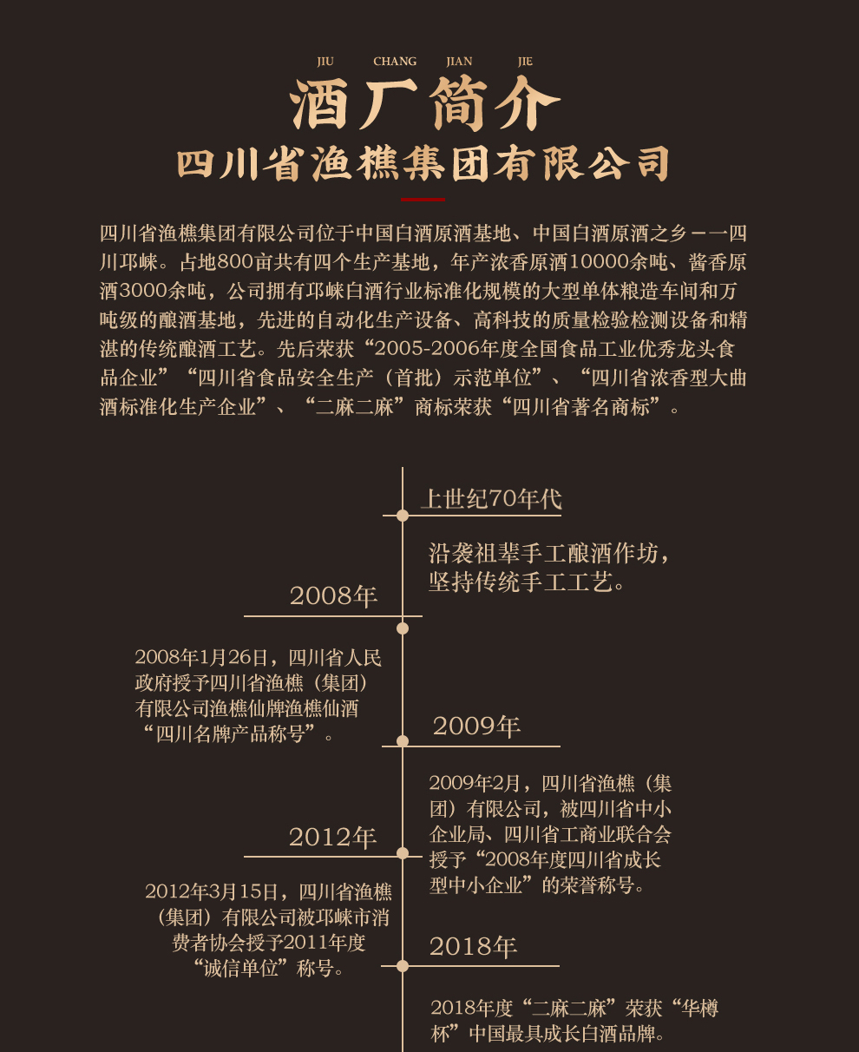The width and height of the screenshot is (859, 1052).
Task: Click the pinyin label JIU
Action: (325, 62)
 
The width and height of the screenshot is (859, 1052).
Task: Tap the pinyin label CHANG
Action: (395, 62)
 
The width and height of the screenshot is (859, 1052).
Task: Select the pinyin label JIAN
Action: (459, 62)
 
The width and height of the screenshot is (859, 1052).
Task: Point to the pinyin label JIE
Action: (525, 62)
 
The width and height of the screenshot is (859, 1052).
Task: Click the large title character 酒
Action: (324, 107)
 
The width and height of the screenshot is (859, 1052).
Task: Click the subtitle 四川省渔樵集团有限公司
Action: (423, 163)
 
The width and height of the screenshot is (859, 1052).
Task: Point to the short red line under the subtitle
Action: (423, 199)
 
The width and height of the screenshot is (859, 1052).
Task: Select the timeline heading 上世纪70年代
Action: (491, 499)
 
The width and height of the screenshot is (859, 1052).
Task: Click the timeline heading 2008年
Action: (333, 596)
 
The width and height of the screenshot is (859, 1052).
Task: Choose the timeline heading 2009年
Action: (476, 726)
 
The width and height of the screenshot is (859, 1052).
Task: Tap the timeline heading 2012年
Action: (332, 838)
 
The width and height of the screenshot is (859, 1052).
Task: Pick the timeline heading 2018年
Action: (473, 946)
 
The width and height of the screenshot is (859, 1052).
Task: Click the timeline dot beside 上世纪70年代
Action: (403, 516)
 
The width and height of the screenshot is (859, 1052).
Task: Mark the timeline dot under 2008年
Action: (403, 628)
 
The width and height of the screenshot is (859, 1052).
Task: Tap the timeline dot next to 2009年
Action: (403, 741)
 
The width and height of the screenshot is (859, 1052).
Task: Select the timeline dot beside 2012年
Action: (403, 853)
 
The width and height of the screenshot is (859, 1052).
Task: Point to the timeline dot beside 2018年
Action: (403, 966)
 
